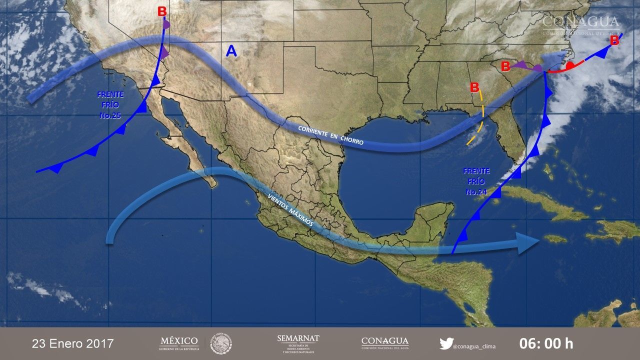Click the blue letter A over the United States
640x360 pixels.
[x=231, y=50]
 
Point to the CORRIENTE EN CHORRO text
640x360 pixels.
[x=330, y=135]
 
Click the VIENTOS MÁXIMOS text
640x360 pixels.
[x=290, y=210]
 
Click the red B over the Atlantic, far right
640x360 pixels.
[x=614, y=40]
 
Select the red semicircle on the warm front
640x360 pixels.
[x=569, y=65]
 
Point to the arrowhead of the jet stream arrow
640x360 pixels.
[x=557, y=58]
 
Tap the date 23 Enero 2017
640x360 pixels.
[x=73, y=344]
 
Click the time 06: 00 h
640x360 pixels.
[x=546, y=344]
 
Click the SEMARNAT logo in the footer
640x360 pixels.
[x=298, y=343]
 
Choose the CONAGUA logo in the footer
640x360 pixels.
[x=385, y=343]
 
